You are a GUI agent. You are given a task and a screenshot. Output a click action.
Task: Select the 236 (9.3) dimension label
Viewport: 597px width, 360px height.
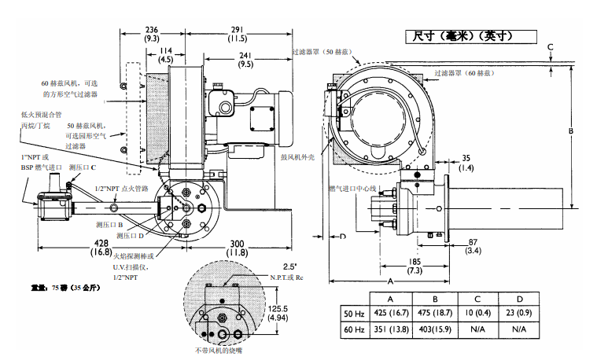click(153, 33)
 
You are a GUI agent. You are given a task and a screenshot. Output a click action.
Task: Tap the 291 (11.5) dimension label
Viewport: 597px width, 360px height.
click(238, 33)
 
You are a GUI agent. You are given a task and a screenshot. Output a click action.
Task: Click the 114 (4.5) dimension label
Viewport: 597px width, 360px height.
click(166, 54)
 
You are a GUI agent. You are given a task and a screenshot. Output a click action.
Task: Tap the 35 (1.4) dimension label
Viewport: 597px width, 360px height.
click(466, 162)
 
